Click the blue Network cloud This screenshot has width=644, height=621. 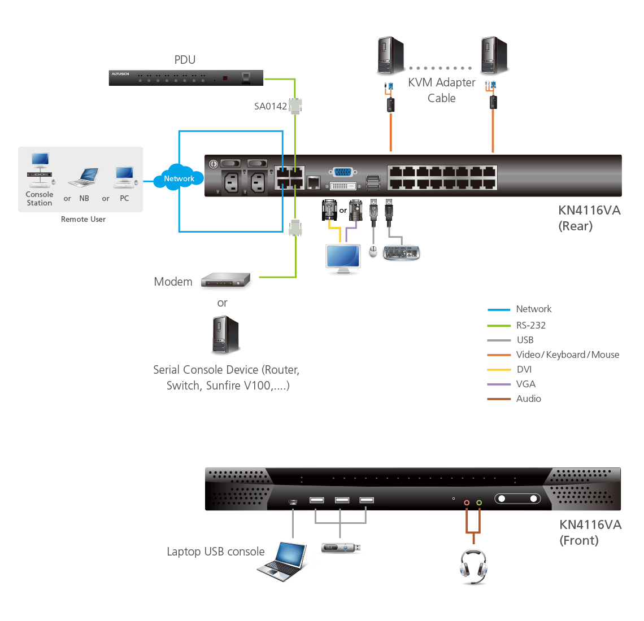(179, 178)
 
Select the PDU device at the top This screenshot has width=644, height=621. (186, 77)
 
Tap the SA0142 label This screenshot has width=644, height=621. (270, 106)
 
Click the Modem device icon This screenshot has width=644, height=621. (225, 281)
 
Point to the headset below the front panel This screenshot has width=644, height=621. (473, 567)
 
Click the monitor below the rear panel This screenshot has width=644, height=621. (343, 259)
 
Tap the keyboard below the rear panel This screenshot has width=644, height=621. (401, 253)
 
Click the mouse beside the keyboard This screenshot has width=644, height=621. (373, 252)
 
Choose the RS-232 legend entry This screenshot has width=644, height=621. (530, 325)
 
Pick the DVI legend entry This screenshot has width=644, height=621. (524, 369)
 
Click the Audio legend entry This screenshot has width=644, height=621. (528, 399)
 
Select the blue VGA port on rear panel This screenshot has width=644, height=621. (343, 173)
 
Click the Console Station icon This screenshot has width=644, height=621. (40, 170)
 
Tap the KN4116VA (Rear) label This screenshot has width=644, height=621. (589, 218)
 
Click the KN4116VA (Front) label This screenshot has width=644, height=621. (590, 532)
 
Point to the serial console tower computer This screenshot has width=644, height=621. (225, 335)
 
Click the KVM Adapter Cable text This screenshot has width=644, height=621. (442, 90)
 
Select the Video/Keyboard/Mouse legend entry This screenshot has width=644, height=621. (567, 355)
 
